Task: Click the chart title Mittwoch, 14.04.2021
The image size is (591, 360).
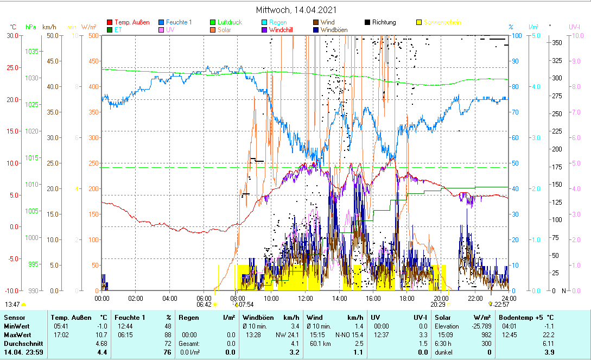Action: click(296, 10)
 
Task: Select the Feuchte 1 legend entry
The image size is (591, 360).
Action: click(175, 22)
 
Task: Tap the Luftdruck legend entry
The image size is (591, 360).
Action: click(226, 22)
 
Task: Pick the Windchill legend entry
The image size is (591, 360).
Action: click(281, 30)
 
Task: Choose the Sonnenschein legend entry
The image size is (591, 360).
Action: click(439, 22)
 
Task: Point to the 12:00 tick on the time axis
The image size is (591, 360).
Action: click(305, 298)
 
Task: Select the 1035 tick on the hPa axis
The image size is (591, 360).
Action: click(31, 51)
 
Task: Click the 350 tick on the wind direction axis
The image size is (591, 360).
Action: click(556, 42)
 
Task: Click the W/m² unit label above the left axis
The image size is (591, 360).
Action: click(88, 27)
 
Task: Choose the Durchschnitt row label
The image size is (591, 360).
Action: click(21, 344)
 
